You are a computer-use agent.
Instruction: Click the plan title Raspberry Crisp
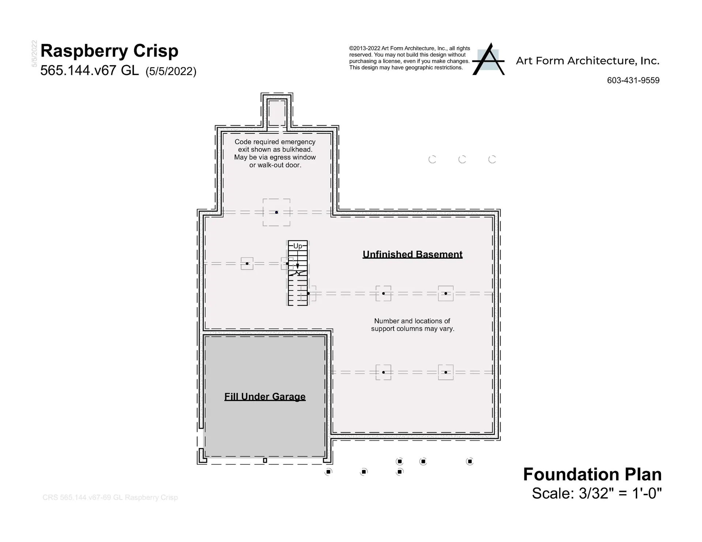pyautogui.click(x=109, y=51)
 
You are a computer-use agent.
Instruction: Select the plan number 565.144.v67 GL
pyautogui.click(x=90, y=70)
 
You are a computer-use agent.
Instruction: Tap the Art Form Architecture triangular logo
pyautogui.click(x=488, y=59)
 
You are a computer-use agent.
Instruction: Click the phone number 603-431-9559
pyautogui.click(x=633, y=80)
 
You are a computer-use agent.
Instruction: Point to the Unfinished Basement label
pyautogui.click(x=412, y=254)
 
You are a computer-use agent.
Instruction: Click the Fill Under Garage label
pyautogui.click(x=265, y=397)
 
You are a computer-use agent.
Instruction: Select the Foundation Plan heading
pyautogui.click(x=592, y=474)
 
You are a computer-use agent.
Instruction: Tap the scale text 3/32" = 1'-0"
pyautogui.click(x=620, y=493)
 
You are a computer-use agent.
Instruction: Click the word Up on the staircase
pyautogui.click(x=298, y=246)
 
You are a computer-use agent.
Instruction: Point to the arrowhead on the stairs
pyautogui.click(x=298, y=266)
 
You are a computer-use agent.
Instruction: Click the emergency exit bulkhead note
pyautogui.click(x=275, y=153)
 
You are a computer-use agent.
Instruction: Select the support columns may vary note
pyautogui.click(x=412, y=325)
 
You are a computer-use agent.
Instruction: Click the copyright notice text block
pyautogui.click(x=409, y=58)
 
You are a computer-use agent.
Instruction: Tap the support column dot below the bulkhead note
pyautogui.click(x=276, y=212)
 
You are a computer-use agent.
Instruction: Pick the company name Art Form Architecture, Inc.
pyautogui.click(x=588, y=61)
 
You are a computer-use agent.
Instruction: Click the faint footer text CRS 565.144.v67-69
pyautogui.click(x=110, y=497)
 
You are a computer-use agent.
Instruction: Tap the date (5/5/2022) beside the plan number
pyautogui.click(x=171, y=71)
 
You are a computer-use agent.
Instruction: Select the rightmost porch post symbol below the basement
pyautogui.click(x=470, y=461)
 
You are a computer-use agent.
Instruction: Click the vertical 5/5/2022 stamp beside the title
pyautogui.click(x=34, y=53)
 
